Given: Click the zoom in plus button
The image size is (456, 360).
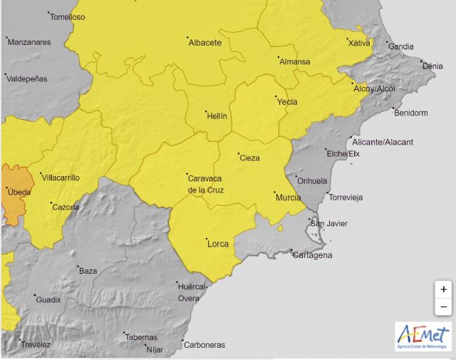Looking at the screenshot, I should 443,289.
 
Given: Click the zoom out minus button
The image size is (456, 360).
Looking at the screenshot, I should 443,307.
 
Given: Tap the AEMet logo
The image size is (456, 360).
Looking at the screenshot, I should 423,336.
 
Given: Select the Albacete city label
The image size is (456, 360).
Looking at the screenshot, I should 205,43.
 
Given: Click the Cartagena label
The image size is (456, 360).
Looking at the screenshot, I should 312,255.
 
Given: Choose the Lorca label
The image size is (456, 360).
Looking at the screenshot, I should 217,244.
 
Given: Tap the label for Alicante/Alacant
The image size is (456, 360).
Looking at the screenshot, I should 383,142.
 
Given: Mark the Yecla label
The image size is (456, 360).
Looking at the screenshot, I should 287,102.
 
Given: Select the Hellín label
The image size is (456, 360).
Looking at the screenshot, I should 216,115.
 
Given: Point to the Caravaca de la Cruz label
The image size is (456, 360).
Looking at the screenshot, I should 205,184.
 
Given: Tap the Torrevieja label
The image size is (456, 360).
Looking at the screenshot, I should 345,197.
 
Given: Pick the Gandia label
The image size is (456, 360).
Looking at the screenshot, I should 401,47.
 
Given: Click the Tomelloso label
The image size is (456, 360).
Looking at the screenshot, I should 67,17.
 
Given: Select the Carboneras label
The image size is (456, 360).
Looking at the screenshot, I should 204,345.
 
